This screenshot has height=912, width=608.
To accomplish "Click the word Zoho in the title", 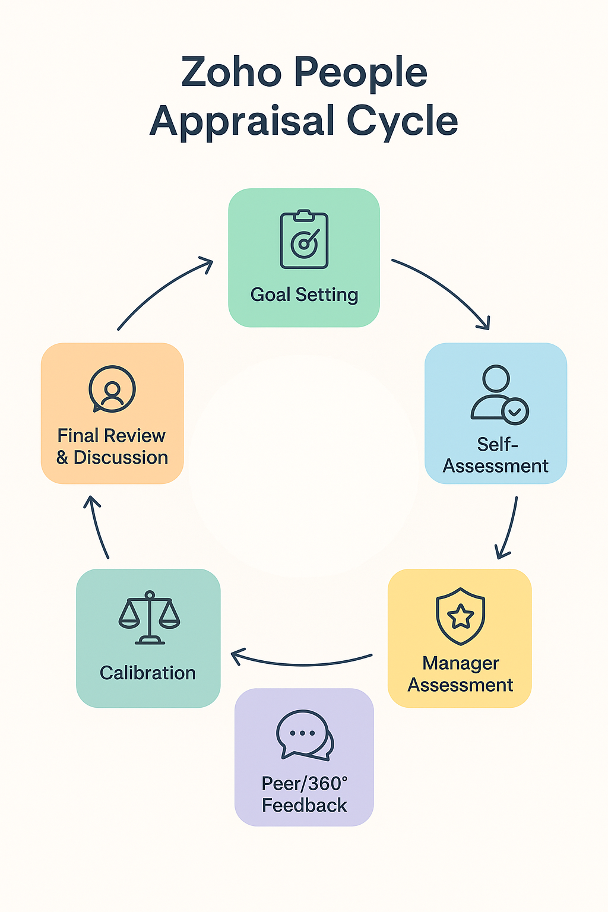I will pyautogui.click(x=231, y=72).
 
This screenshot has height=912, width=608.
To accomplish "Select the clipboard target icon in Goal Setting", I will pyautogui.click(x=304, y=240).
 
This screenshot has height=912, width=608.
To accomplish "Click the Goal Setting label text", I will pyautogui.click(x=304, y=294).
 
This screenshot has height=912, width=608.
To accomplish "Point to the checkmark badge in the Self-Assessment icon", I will pyautogui.click(x=515, y=411).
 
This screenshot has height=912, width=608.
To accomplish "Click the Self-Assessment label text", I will pyautogui.click(x=496, y=455).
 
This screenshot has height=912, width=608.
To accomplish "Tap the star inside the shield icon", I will pyautogui.click(x=460, y=617).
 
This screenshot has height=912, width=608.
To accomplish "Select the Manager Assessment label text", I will pyautogui.click(x=460, y=674).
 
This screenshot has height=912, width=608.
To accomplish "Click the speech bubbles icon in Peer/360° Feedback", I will pyautogui.click(x=305, y=735).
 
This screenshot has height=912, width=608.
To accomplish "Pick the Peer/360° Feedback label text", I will pyautogui.click(x=305, y=794).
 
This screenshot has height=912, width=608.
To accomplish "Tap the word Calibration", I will pyautogui.click(x=148, y=673).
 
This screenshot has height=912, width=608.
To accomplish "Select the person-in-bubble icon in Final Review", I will pyautogui.click(x=112, y=389).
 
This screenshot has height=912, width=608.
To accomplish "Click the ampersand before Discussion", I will pyautogui.click(x=62, y=458).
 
